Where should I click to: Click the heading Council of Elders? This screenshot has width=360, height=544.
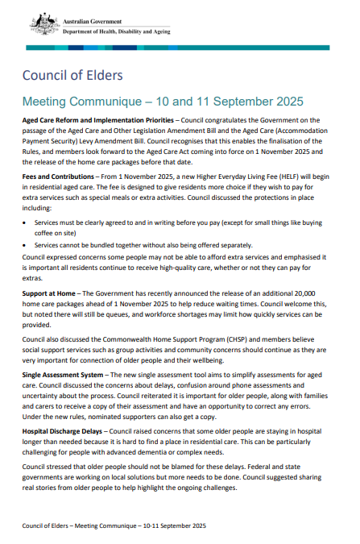tap(72, 76)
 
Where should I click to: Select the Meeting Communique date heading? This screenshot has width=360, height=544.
tap(163, 102)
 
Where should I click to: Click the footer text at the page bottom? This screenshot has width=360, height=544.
tap(114, 525)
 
